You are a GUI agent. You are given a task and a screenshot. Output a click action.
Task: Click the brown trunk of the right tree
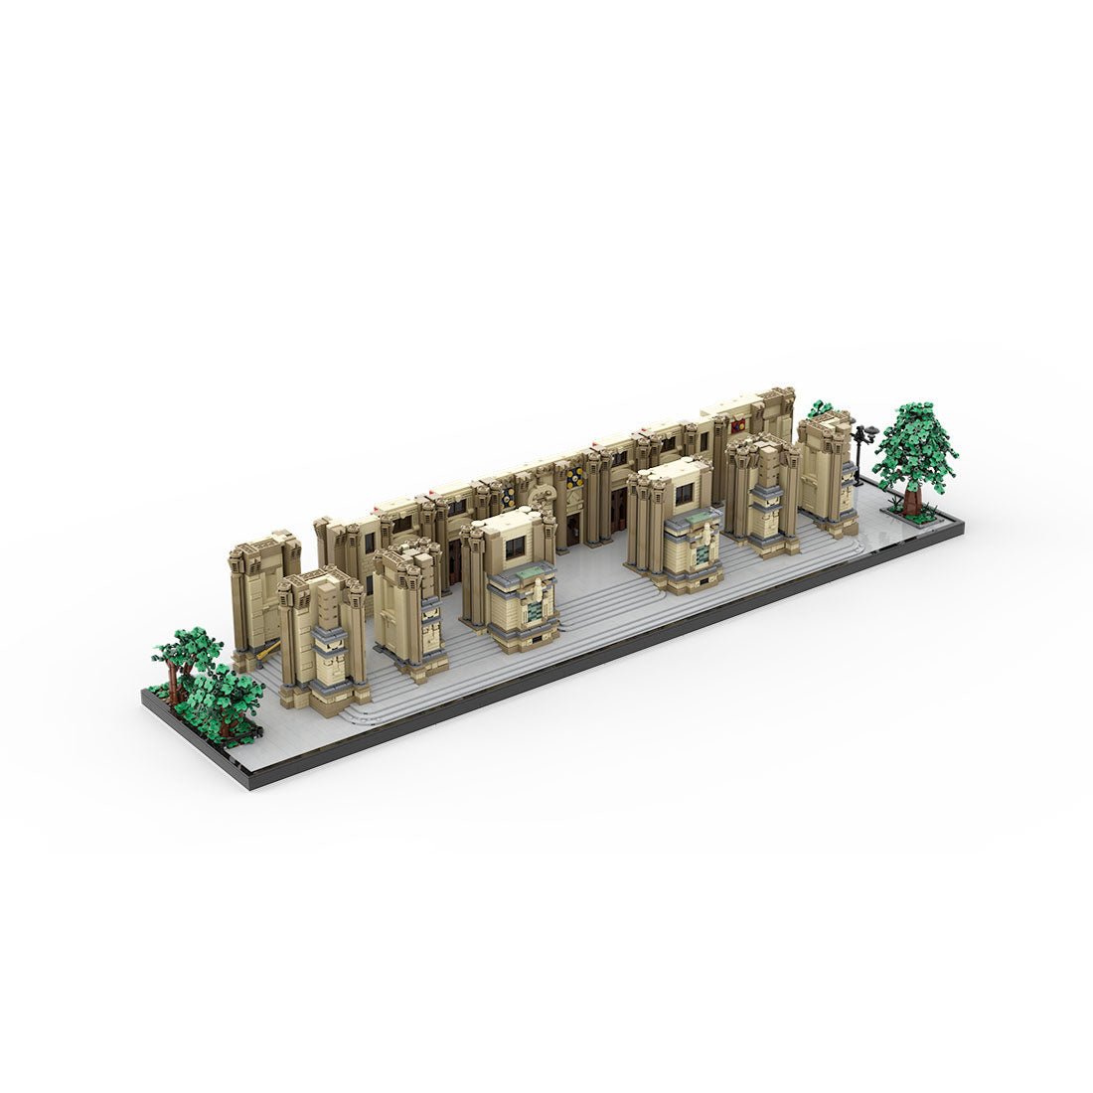pos(911,494)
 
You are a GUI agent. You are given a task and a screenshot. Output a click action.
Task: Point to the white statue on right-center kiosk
pos(704,543)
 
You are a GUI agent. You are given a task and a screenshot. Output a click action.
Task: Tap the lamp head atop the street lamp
pos(865,430)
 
